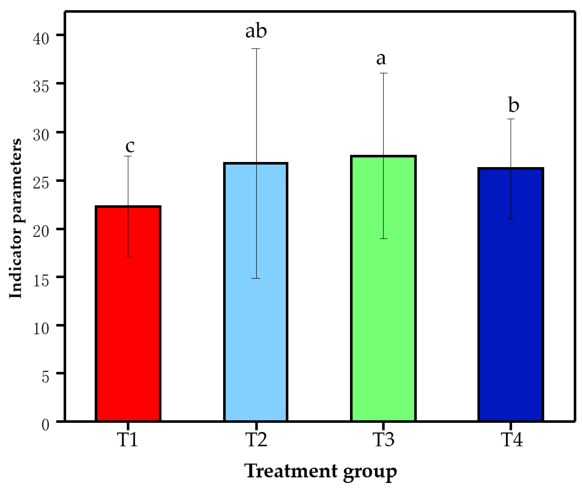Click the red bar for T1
pos(128,314)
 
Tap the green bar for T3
pos(383,289)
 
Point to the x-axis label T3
pos(383,440)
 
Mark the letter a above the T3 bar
pos(381,59)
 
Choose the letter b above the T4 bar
pos(513,105)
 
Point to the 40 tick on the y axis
pos(41,39)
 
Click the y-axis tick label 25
pos(41,184)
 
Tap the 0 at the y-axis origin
pos(45,425)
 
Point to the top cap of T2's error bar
pos(256,49)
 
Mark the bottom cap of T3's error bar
pos(383,239)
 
